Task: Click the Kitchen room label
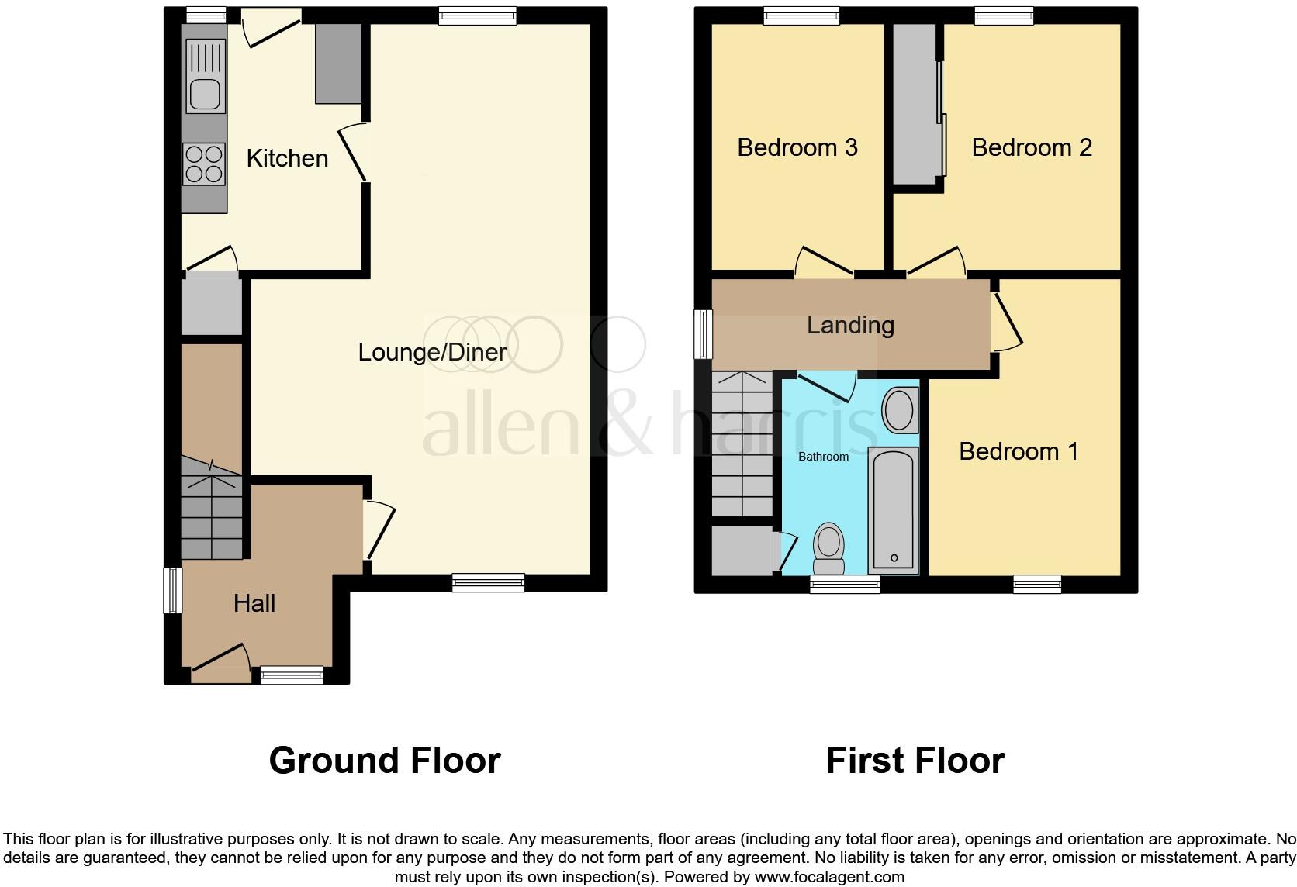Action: click(x=287, y=158)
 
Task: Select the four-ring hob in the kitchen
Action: click(x=204, y=164)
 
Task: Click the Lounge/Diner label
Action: click(x=432, y=352)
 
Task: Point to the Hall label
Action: click(x=254, y=603)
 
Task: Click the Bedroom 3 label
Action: click(x=797, y=147)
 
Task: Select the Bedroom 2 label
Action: click(x=1032, y=147)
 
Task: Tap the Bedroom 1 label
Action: click(x=1019, y=451)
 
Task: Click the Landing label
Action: click(x=850, y=325)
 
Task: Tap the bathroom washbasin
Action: click(x=900, y=410)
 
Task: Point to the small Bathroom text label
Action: click(x=823, y=457)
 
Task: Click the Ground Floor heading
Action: click(x=385, y=761)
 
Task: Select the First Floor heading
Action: click(x=915, y=761)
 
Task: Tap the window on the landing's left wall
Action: click(x=704, y=334)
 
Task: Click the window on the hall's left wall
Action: click(x=172, y=591)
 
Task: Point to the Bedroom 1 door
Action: click(x=1007, y=321)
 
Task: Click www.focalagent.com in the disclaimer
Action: click(x=828, y=878)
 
